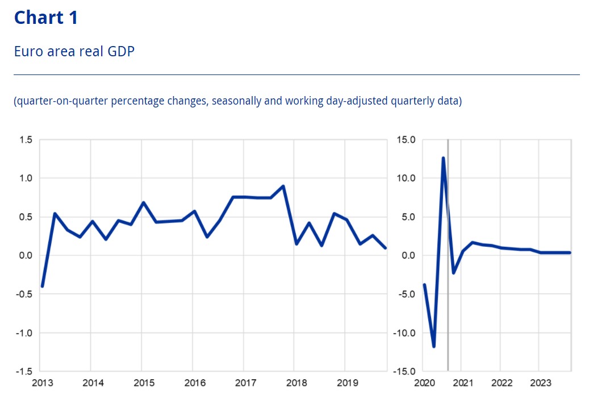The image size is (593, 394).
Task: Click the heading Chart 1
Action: (45, 18)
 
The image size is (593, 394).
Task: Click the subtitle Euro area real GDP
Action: (74, 52)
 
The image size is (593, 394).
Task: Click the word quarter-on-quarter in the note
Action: (52, 102)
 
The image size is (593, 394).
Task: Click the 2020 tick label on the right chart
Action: (424, 382)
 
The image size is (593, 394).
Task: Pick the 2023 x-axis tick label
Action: (541, 382)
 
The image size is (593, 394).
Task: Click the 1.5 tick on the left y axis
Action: (26, 140)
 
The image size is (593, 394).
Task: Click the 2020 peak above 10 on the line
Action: (443, 158)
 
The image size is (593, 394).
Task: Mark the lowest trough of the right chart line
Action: (434, 346)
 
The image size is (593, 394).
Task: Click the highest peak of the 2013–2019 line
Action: (283, 186)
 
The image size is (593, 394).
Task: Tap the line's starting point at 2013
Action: (42, 286)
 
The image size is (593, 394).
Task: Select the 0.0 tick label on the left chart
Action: (26, 256)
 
